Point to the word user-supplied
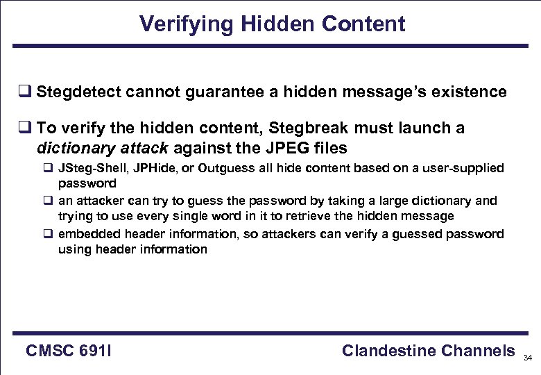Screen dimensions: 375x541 tap(461, 169)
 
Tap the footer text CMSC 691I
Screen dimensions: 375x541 tap(69, 351)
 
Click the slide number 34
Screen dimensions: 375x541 tap(528, 358)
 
